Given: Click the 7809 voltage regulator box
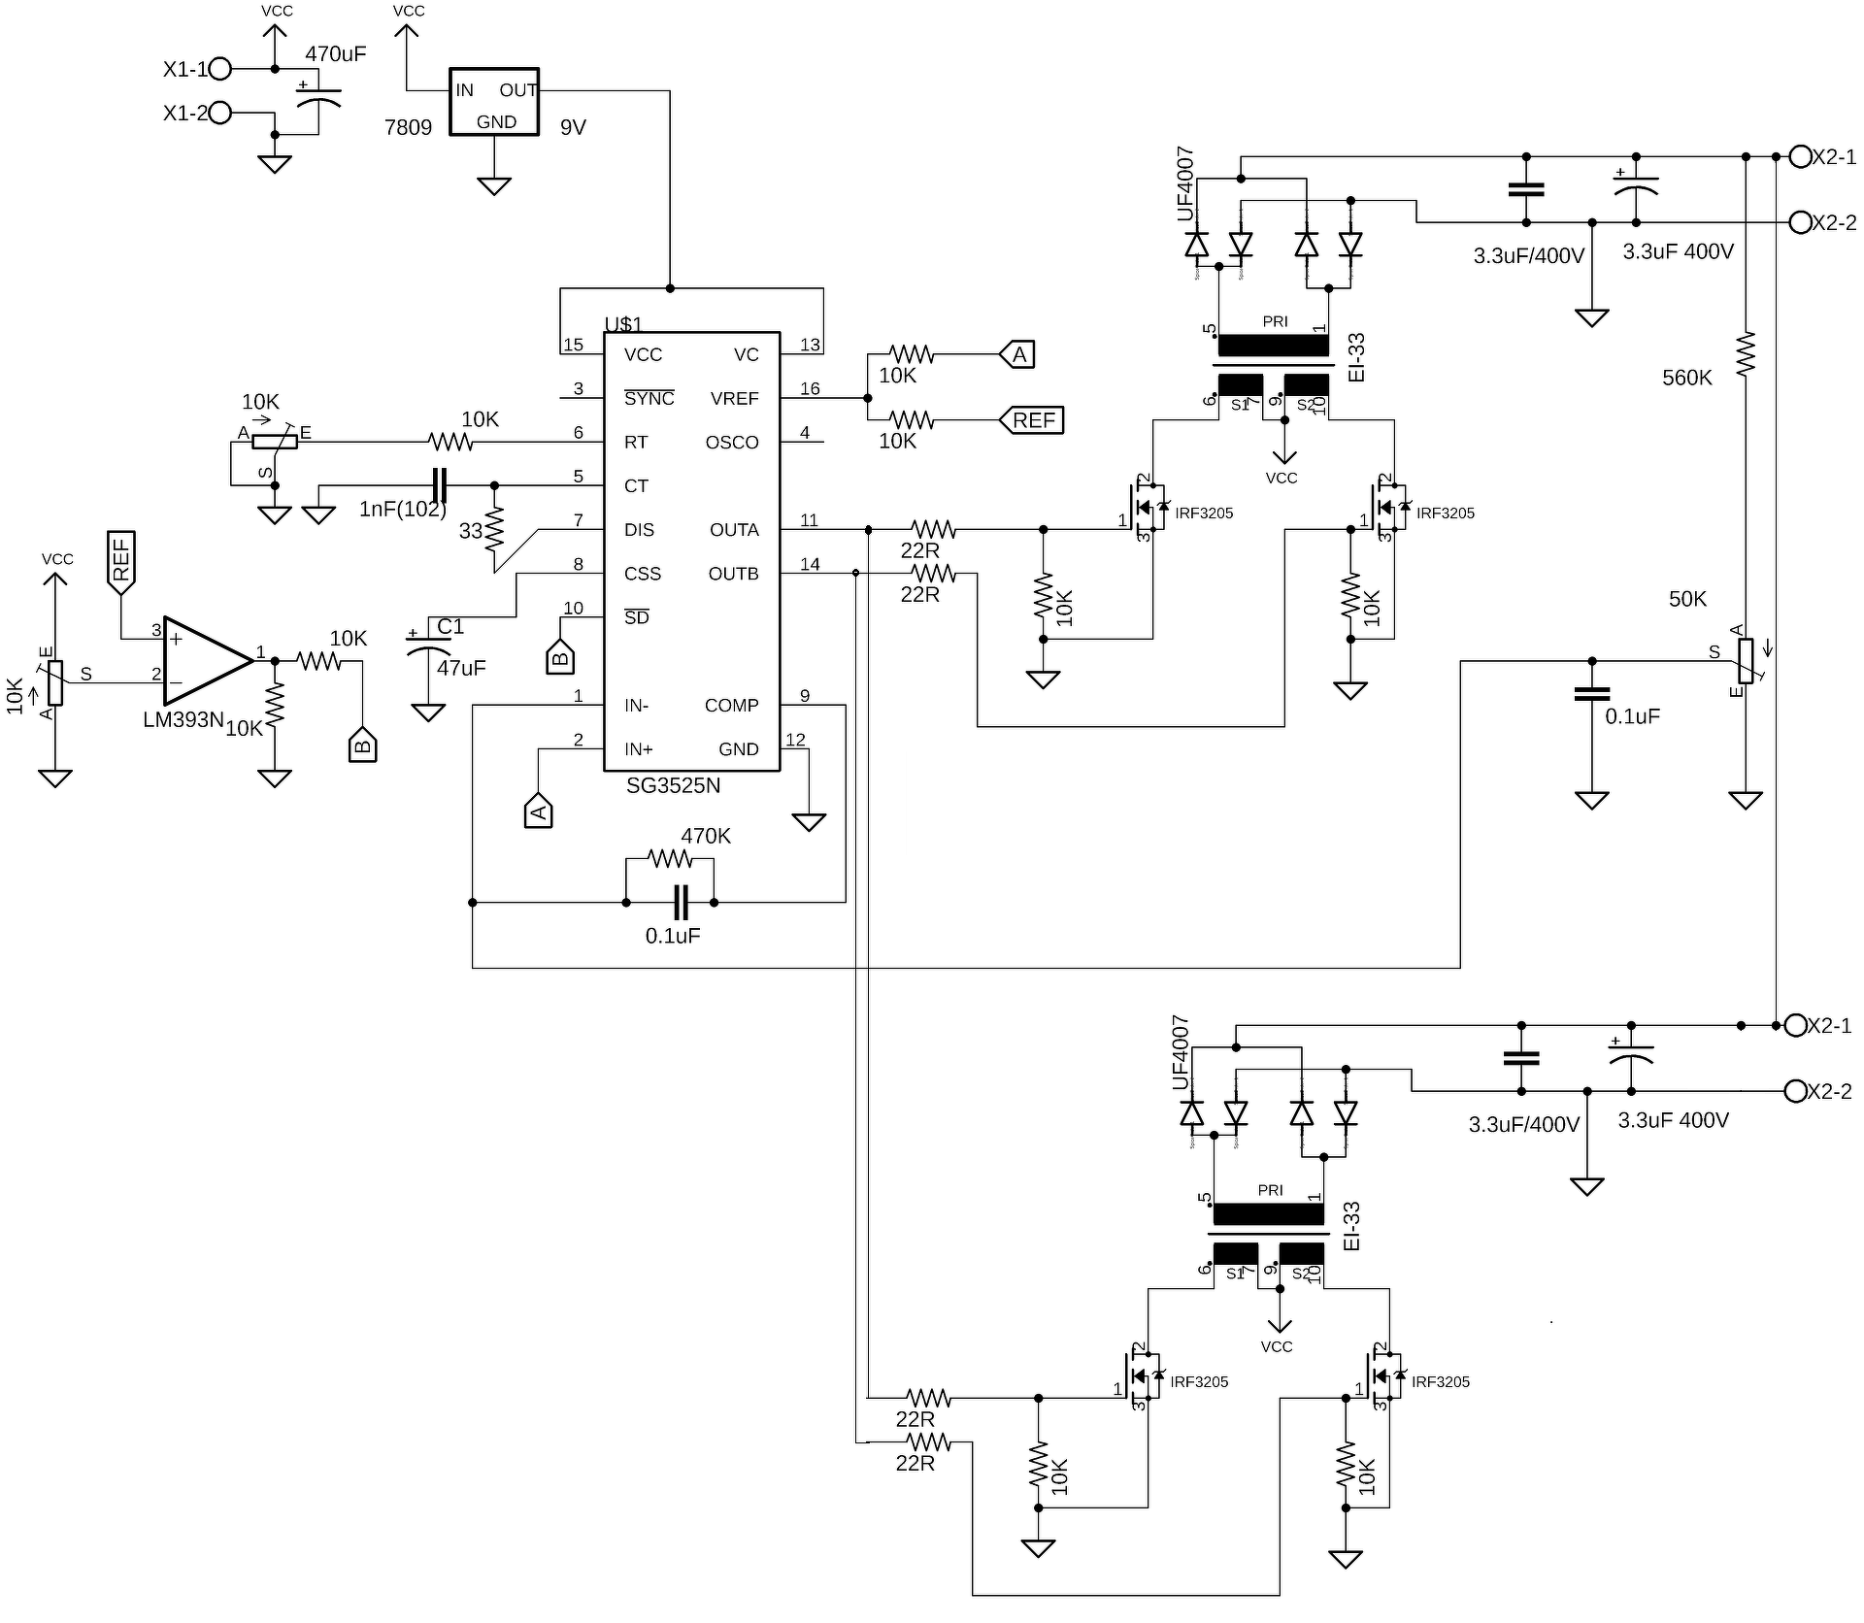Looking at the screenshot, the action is tap(493, 102).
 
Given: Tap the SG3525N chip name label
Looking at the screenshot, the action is tap(673, 785).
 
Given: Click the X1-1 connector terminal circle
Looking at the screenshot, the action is tap(220, 69).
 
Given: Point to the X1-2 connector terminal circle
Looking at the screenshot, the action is tap(220, 113).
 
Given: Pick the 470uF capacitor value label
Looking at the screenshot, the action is tap(336, 54).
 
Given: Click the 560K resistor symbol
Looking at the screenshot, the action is tap(1746, 354).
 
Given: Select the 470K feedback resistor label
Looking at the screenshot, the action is tap(706, 836).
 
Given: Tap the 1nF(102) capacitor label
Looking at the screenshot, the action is tap(403, 509).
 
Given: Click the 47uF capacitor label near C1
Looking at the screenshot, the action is tap(461, 668).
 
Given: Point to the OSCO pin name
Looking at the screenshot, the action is tap(732, 443).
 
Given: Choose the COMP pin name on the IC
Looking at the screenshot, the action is tap(732, 706).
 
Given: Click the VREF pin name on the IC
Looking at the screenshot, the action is tap(734, 399).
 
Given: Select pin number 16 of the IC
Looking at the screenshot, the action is tap(810, 389).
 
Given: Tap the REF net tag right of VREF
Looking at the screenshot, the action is tap(1032, 420).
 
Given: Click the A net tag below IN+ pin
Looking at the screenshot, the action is tap(539, 811).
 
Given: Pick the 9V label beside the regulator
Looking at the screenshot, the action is tap(573, 127).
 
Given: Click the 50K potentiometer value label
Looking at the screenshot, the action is tap(1687, 599).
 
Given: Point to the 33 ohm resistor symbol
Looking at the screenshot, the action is tap(494, 529).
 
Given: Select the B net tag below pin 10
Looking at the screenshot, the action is tap(560, 657).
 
